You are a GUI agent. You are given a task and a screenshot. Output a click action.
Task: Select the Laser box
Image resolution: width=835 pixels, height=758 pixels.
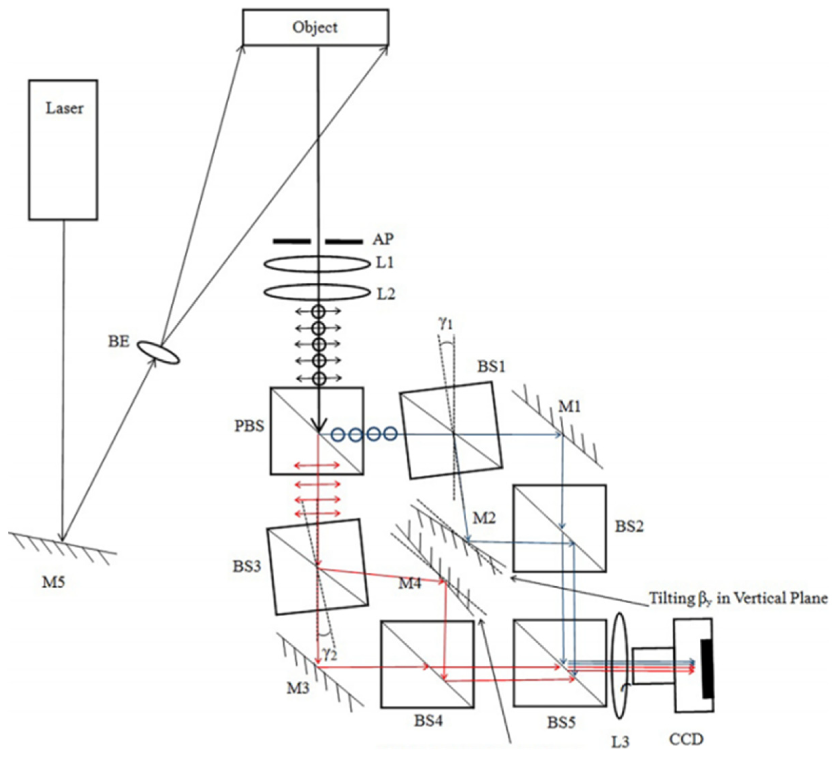tap(63, 150)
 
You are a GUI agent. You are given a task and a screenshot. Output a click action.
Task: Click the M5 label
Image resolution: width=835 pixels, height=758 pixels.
tap(54, 582)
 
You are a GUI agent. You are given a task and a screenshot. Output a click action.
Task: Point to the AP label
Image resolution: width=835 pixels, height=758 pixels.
tap(382, 239)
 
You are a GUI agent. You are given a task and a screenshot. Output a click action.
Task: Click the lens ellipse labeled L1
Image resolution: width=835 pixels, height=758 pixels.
tap(317, 264)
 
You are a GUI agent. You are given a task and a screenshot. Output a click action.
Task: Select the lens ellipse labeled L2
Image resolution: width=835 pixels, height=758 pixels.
tap(317, 292)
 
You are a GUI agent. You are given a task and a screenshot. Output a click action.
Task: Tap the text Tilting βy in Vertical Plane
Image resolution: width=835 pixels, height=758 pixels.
tap(737, 599)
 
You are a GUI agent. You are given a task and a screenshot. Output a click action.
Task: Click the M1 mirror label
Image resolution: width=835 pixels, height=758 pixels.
tap(569, 407)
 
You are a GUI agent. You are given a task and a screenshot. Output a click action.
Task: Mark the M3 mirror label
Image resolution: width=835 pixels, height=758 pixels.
tap(298, 688)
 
